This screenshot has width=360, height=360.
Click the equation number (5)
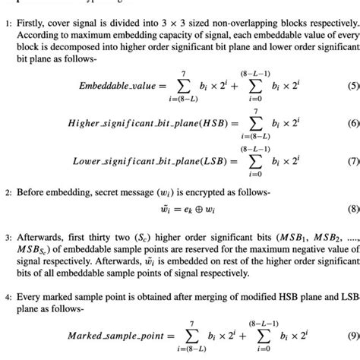click(352, 85)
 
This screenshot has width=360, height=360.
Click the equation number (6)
click(352, 123)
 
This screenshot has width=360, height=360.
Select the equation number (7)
click(352, 161)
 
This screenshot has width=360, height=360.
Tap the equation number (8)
click(352, 208)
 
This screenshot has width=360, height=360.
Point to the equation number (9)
click(352, 335)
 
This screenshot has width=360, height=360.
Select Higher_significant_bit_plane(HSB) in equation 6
click(131, 123)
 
